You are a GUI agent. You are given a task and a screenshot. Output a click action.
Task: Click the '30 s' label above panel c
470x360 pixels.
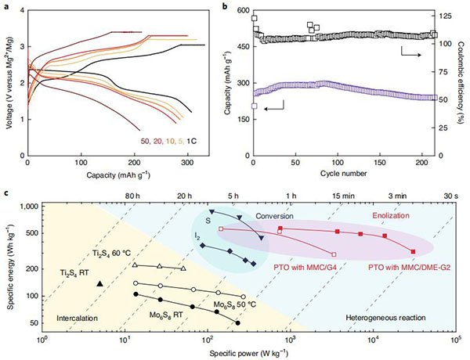click(451, 196)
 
